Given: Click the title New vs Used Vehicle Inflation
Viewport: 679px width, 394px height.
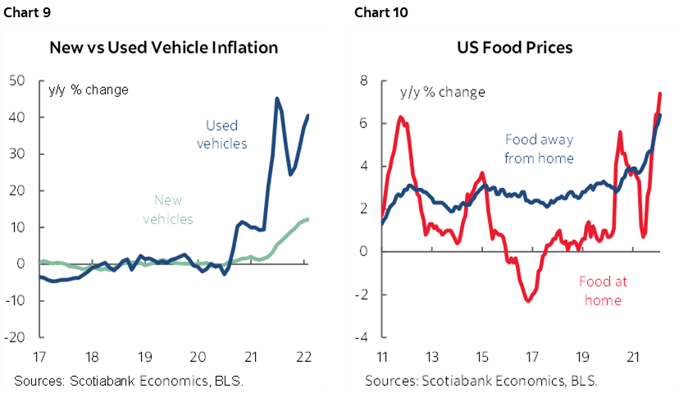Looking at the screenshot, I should (164, 47).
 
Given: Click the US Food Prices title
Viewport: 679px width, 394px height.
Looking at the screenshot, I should (514, 47).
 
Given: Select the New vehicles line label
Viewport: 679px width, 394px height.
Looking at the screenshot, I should (168, 209).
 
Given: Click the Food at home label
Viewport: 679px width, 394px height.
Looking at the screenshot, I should (603, 291).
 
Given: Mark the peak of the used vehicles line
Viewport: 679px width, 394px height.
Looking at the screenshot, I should (276, 98).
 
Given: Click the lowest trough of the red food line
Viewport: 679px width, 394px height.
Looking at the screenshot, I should (528, 301).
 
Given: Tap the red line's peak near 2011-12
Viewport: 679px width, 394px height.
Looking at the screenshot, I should (399, 117).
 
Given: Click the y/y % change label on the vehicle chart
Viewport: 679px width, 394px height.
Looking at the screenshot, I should (89, 89).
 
